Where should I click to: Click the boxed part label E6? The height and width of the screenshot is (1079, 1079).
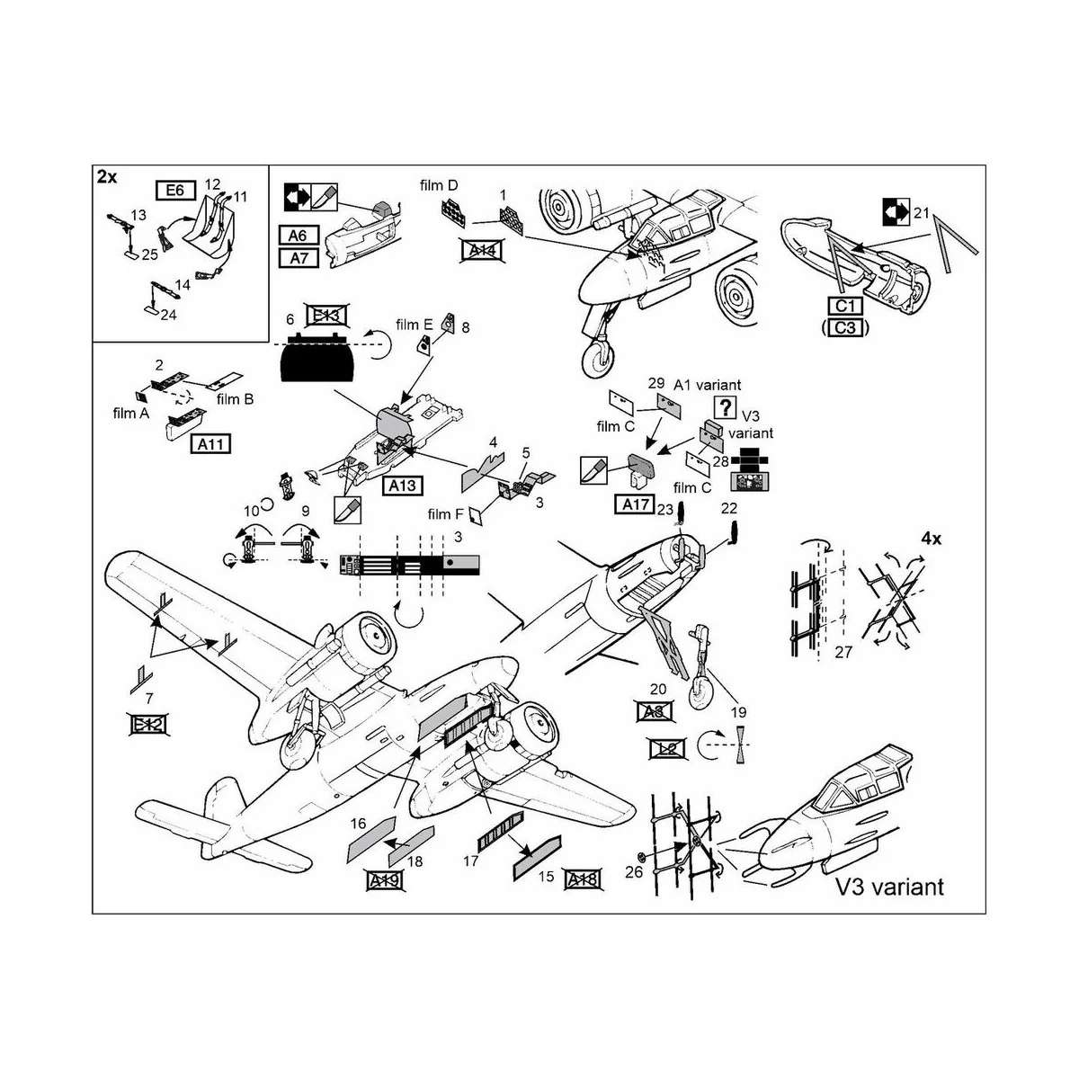pos(175,190)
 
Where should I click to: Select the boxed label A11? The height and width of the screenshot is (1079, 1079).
pos(210,443)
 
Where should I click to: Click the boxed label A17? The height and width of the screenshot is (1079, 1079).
pos(636,504)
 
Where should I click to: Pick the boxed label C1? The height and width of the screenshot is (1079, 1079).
pos(843,307)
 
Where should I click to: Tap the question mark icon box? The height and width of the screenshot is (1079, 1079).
pos(725,405)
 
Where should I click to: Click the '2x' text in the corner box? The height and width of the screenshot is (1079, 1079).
pos(107,178)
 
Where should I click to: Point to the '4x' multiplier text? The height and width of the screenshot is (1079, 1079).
pos(931,539)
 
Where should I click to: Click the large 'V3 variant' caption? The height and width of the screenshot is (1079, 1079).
pos(889,887)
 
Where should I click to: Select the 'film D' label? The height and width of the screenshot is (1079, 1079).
pos(439,185)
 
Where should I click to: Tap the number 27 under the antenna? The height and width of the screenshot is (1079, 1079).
pos(843,653)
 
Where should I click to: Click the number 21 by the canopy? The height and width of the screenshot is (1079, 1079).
pos(920,212)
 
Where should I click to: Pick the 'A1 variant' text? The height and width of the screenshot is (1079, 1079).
pos(707,384)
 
